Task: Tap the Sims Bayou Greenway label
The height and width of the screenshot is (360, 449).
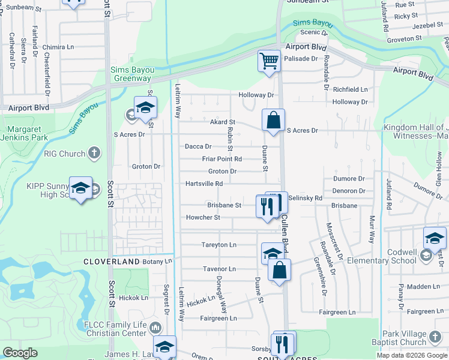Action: tap(132, 74)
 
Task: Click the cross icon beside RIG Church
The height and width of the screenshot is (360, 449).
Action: tap(94, 154)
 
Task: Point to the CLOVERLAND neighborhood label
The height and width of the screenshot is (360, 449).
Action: tap(111, 262)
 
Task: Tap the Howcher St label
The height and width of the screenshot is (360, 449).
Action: tap(204, 218)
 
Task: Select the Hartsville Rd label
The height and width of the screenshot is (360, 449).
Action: tap(204, 184)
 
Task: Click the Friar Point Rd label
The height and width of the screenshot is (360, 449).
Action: tap(221, 159)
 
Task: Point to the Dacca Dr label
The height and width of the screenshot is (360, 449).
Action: tap(198, 146)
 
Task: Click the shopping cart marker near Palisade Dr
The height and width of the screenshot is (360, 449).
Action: tap(269, 60)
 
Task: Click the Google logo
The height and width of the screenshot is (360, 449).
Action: tap(20, 353)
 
